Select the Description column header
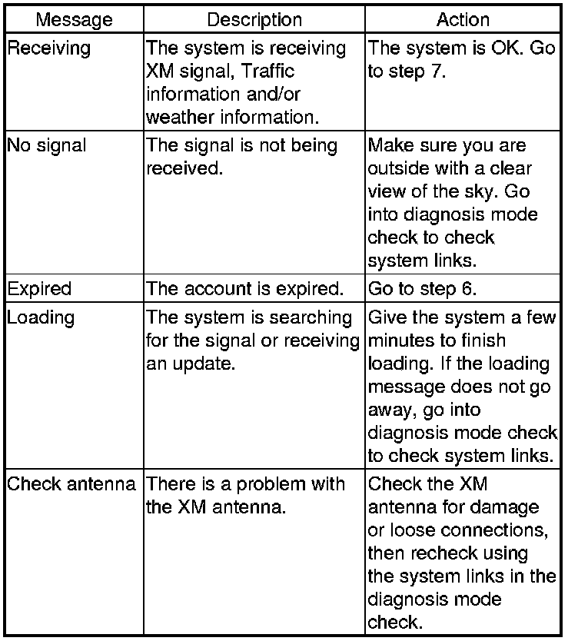tap(254, 20)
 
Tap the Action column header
tap(463, 20)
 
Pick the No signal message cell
tap(48, 146)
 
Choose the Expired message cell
tap(39, 289)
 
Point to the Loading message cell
tap(41, 317)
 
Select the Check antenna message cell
tap(73, 484)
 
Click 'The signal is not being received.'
tap(241, 156)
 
